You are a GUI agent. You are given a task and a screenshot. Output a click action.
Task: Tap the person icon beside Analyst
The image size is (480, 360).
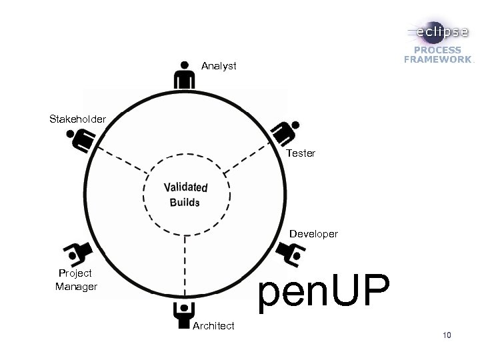[184, 75]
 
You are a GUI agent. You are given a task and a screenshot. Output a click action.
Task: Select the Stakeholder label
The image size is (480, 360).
[77, 119]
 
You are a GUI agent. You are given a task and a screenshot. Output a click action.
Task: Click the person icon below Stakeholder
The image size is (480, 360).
[81, 139]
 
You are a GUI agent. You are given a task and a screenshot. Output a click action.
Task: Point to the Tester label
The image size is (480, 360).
[301, 153]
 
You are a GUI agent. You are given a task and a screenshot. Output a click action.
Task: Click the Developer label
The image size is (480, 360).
[313, 235]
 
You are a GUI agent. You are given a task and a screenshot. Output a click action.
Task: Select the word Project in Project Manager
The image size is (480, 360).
[75, 273]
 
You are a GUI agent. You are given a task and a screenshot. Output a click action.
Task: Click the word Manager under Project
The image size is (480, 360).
[76, 287]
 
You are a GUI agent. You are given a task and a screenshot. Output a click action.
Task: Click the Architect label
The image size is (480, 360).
[213, 326]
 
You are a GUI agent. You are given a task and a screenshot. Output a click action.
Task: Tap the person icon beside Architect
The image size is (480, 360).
[183, 315]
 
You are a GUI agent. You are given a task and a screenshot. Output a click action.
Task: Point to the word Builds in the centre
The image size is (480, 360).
[185, 202]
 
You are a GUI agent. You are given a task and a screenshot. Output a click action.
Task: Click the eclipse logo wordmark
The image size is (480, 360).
[438, 32]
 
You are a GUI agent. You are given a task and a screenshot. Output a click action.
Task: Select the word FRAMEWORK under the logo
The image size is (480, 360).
[437, 59]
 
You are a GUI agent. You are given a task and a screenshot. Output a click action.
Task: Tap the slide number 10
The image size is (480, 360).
[446, 335]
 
